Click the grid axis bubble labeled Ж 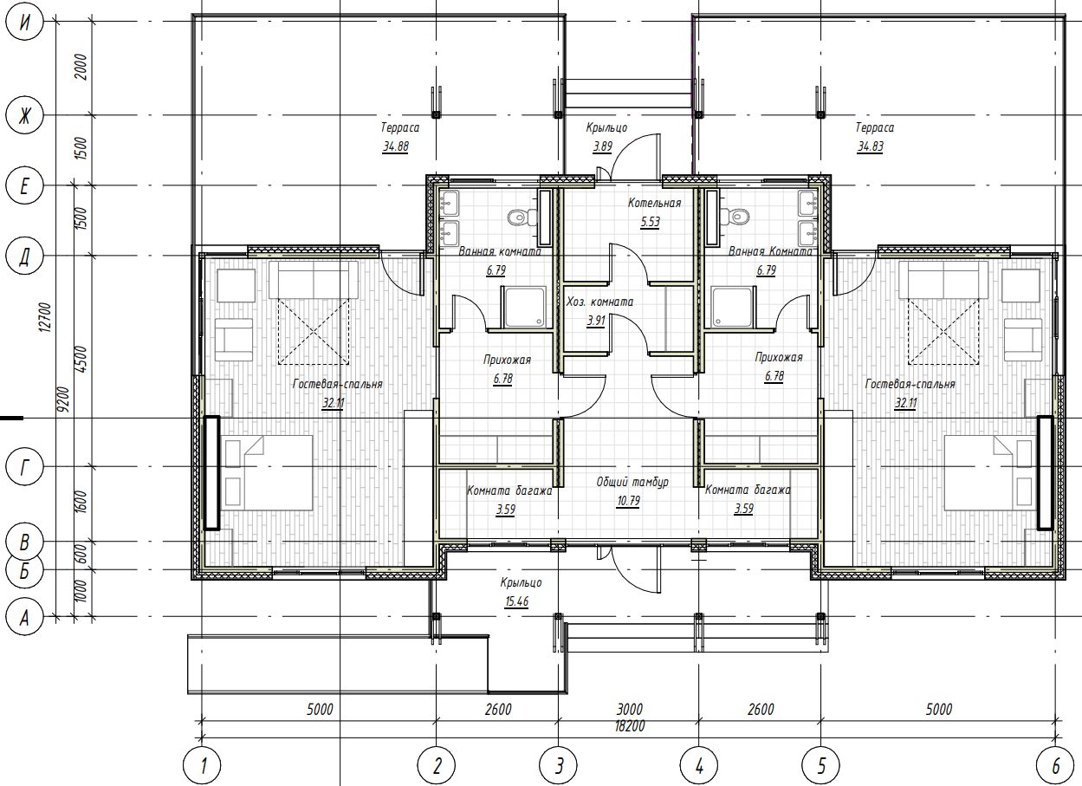pyautogui.click(x=24, y=115)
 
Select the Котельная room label pyautogui.click(x=654, y=203)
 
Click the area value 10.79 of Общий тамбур pyautogui.click(x=628, y=501)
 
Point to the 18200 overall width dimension pyautogui.click(x=630, y=726)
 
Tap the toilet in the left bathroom pyautogui.click(x=522, y=217)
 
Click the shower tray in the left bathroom pyautogui.click(x=524, y=307)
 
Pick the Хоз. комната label pyautogui.click(x=599, y=302)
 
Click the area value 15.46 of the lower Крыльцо pyautogui.click(x=516, y=601)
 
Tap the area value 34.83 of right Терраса pyautogui.click(x=871, y=146)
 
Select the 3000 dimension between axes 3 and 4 pyautogui.click(x=630, y=709)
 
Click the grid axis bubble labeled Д pyautogui.click(x=24, y=256)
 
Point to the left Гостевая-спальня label pyautogui.click(x=337, y=384)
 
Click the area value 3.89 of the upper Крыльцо pyautogui.click(x=602, y=146)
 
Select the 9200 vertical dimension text pyautogui.click(x=62, y=399)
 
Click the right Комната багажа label pyautogui.click(x=748, y=490)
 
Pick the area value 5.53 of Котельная pyautogui.click(x=651, y=222)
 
